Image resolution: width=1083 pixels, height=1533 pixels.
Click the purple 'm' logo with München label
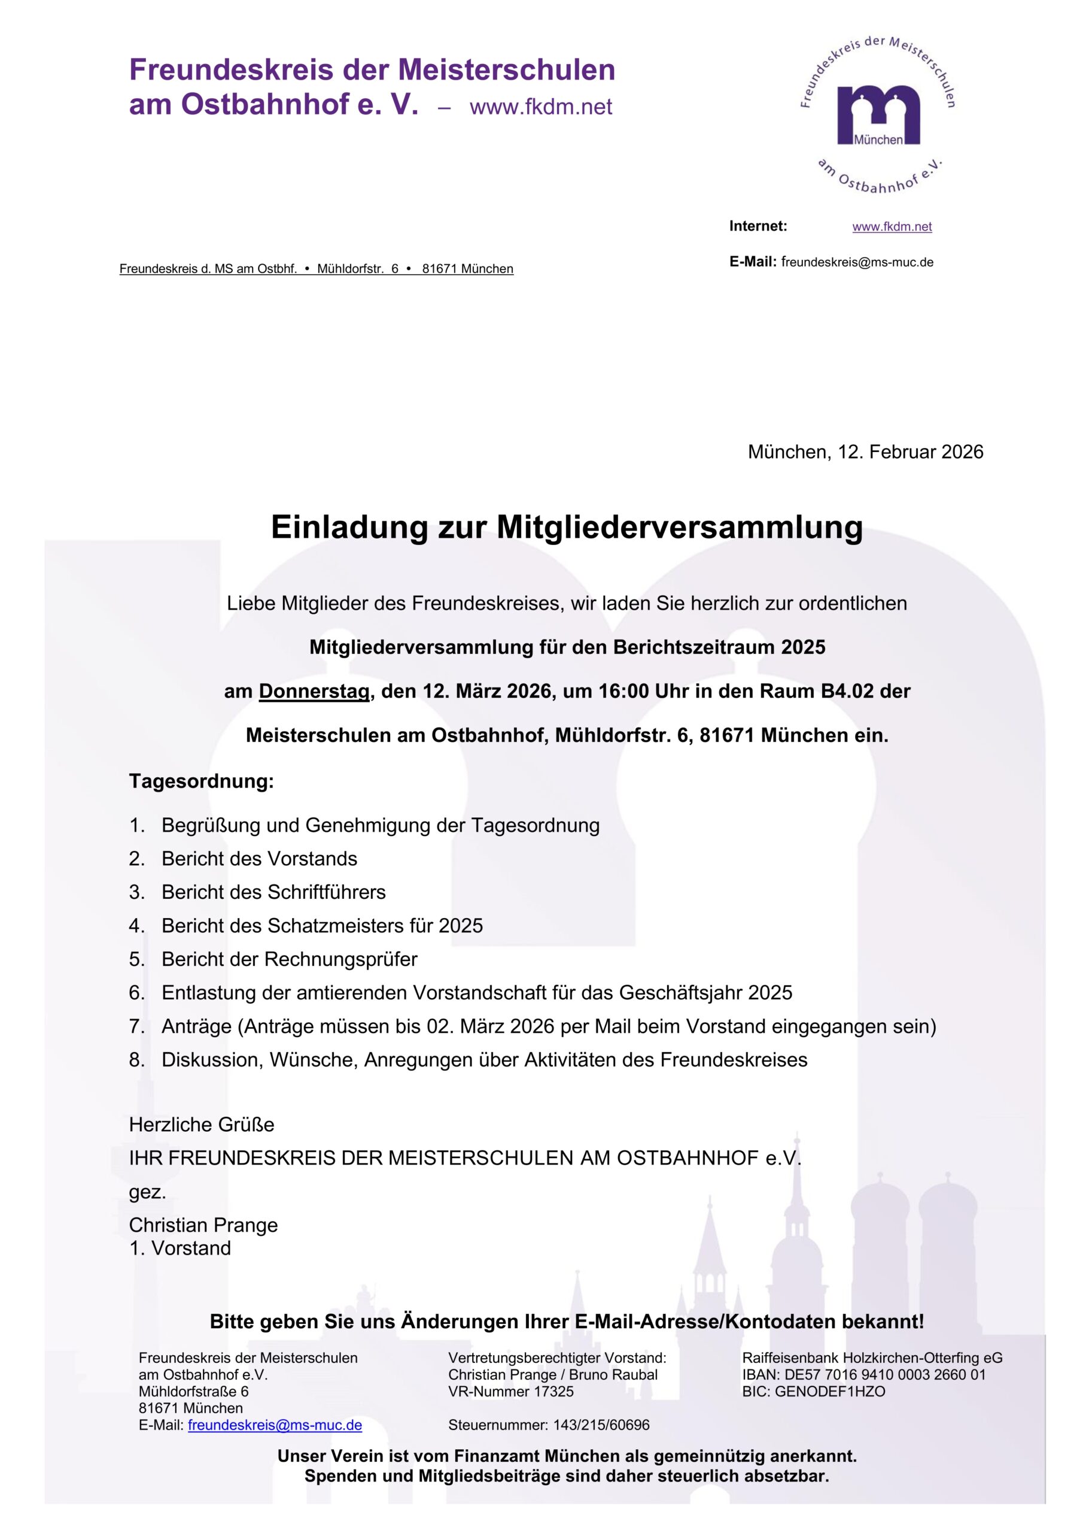(x=878, y=114)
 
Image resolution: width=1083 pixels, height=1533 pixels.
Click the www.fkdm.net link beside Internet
(x=892, y=226)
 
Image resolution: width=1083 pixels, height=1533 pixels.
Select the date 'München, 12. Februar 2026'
(x=865, y=452)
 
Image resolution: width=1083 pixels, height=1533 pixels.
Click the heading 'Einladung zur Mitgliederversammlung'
(x=567, y=527)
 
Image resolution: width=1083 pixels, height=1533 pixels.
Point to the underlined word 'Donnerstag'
(x=314, y=691)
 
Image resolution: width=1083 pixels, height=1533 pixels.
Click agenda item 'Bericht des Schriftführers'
(x=273, y=892)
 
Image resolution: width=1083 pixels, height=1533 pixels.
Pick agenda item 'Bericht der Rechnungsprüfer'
(x=289, y=959)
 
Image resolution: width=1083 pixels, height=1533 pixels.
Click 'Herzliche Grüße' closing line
(x=202, y=1125)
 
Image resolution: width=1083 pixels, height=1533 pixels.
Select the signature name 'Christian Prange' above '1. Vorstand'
(x=203, y=1225)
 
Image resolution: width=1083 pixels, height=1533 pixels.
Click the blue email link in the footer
(x=275, y=1425)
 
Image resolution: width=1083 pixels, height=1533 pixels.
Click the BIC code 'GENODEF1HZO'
(x=830, y=1392)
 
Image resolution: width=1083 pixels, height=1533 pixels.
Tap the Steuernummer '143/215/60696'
(x=601, y=1425)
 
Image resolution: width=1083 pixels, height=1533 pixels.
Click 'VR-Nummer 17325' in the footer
(x=510, y=1392)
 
